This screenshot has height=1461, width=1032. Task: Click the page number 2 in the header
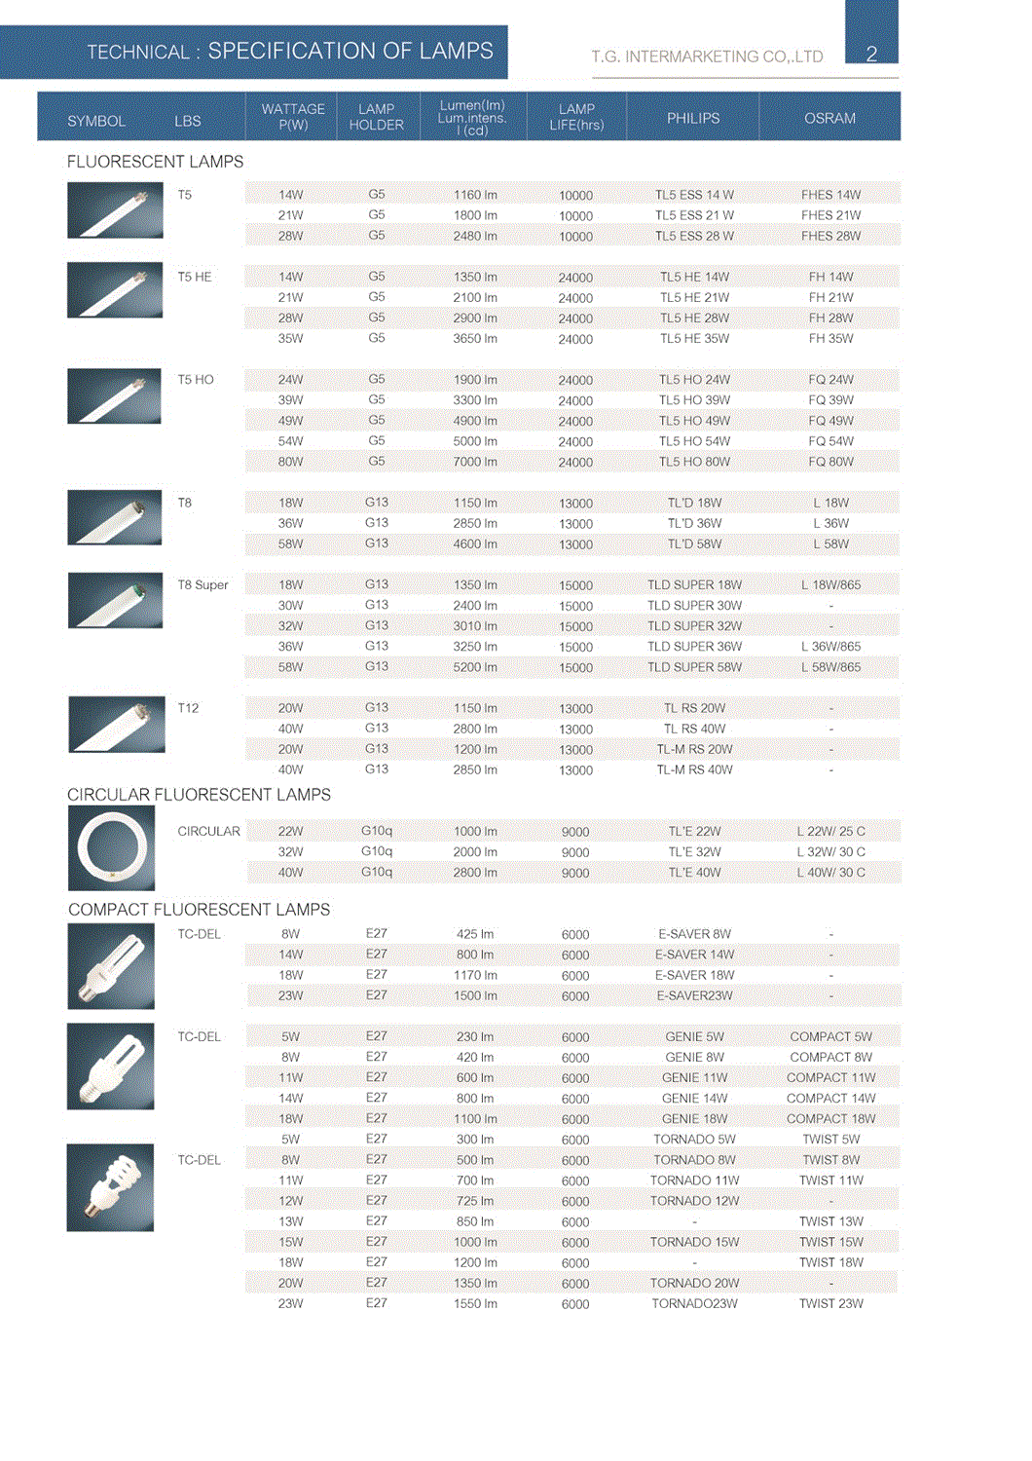point(871,54)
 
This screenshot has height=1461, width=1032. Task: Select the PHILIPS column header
point(693,118)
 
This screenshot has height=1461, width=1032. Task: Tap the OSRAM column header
point(829,118)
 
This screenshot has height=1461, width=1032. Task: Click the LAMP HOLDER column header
point(376,117)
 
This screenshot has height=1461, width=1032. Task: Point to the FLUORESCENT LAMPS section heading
point(155,162)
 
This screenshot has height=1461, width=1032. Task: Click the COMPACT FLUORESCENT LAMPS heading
point(199,910)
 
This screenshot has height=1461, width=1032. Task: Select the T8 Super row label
point(203,585)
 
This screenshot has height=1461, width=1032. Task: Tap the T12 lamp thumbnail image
point(116,725)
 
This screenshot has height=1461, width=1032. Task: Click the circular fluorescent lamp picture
point(111,848)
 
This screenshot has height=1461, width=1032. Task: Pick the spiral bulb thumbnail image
point(110,1187)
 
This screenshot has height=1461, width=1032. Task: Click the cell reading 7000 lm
point(475,462)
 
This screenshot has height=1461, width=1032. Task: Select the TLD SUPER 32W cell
point(694,626)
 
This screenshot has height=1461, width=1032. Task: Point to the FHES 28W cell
point(830,236)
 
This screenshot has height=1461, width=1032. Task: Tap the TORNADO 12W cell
point(694,1201)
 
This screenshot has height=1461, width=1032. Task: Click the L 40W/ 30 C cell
point(830,873)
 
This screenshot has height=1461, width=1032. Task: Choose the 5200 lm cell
point(475,667)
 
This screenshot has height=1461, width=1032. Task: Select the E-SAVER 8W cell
point(694,934)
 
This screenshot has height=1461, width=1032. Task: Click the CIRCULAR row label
point(208,832)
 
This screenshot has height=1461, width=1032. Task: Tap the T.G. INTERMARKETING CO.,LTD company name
point(707,56)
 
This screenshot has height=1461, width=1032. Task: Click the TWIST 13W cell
point(830,1221)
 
